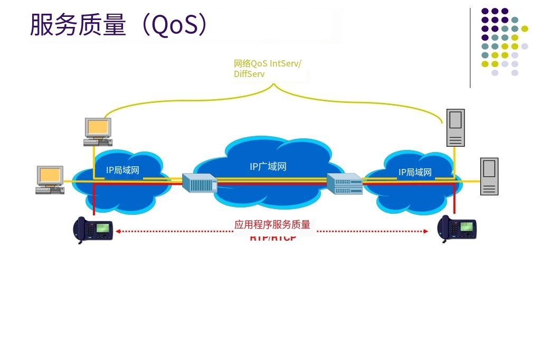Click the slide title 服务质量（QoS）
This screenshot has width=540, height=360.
coord(119,25)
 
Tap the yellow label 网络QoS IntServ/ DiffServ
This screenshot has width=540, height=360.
coord(267,69)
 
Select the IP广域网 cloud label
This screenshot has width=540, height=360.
coord(268,167)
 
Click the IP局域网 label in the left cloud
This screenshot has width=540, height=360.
coord(122,170)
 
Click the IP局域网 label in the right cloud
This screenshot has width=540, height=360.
coord(415,172)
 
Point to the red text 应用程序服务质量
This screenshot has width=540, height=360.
coord(272,225)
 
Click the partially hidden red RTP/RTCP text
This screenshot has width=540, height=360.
coord(273,238)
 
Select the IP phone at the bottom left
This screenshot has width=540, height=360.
coord(93,230)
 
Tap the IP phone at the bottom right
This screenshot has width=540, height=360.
coord(458,229)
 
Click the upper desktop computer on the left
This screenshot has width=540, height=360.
coord(98,132)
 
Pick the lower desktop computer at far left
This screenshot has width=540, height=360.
coord(50,180)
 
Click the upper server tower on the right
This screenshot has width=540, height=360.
coord(455,127)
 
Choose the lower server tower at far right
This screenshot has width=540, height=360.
coord(489,176)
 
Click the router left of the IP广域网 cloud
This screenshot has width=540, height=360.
coord(200,183)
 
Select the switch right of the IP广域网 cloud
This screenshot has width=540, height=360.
coord(344,184)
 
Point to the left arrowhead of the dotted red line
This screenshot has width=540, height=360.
coord(118,231)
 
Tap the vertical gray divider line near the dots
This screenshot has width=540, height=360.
coord(470,48)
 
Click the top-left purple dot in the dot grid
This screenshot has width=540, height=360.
coord(485,11)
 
